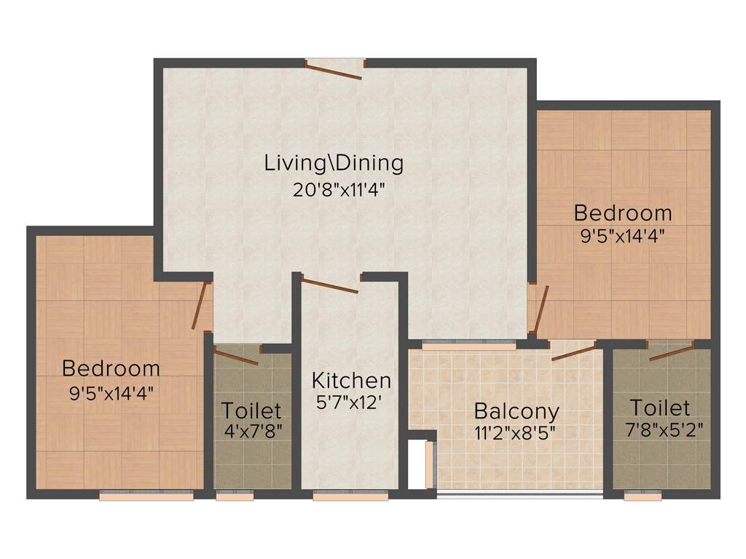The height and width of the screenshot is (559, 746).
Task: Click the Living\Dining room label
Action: (334, 162)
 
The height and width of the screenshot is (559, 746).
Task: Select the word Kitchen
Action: (351, 380)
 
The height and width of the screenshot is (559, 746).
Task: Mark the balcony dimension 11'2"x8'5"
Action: (516, 432)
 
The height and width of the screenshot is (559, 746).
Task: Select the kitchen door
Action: (330, 285)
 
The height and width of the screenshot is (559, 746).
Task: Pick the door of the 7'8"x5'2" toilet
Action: (671, 352)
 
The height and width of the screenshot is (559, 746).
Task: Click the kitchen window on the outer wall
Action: (350, 496)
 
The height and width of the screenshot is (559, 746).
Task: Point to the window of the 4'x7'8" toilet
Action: (235, 496)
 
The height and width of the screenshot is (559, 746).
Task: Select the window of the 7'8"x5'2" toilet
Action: (643, 496)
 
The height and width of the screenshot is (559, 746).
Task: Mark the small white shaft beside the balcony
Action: (417, 465)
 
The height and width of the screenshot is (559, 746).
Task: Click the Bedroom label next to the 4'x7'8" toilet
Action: (111, 368)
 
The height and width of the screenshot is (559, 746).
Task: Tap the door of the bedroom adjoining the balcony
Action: (540, 309)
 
